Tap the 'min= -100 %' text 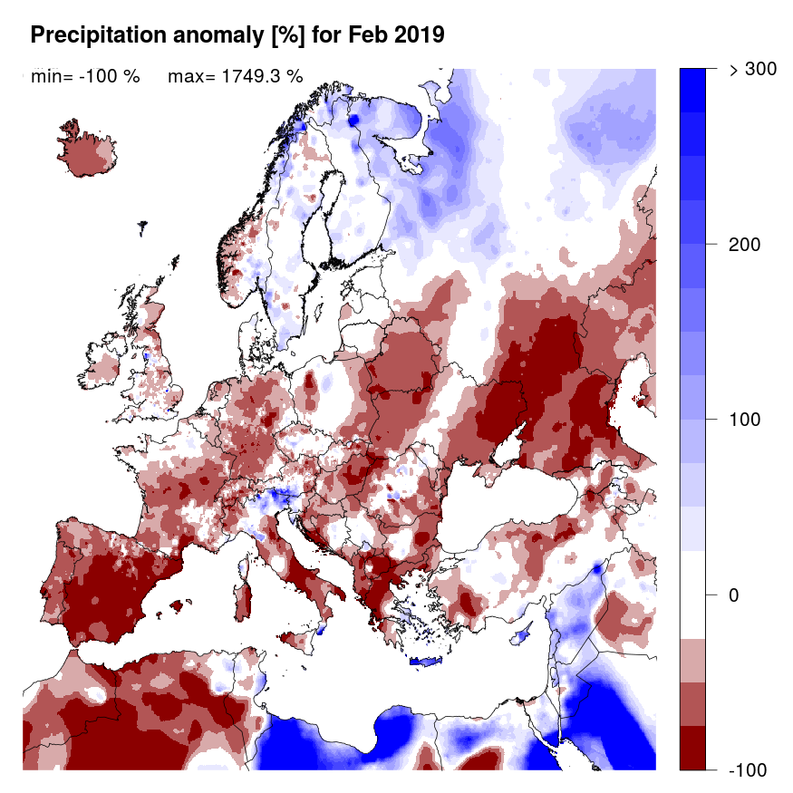(x=85, y=77)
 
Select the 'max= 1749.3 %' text (x=235, y=77)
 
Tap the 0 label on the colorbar (x=735, y=595)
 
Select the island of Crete (x=423, y=662)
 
